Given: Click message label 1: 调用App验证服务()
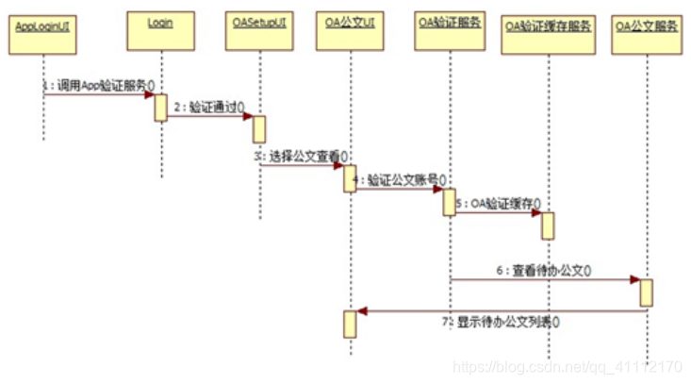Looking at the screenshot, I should coord(99,84).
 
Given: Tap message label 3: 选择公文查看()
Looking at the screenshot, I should coord(301,156).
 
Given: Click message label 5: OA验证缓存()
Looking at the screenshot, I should coord(497,201).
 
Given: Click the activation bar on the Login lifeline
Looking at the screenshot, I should coord(161,108).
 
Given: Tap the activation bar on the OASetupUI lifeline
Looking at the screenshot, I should coord(258,129).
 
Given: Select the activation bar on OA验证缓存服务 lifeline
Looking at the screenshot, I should coord(547,225).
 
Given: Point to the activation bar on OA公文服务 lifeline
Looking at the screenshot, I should coord(647,292).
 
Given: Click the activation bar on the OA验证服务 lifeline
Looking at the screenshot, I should coord(450,201).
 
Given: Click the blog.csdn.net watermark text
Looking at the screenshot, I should coord(566,365).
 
